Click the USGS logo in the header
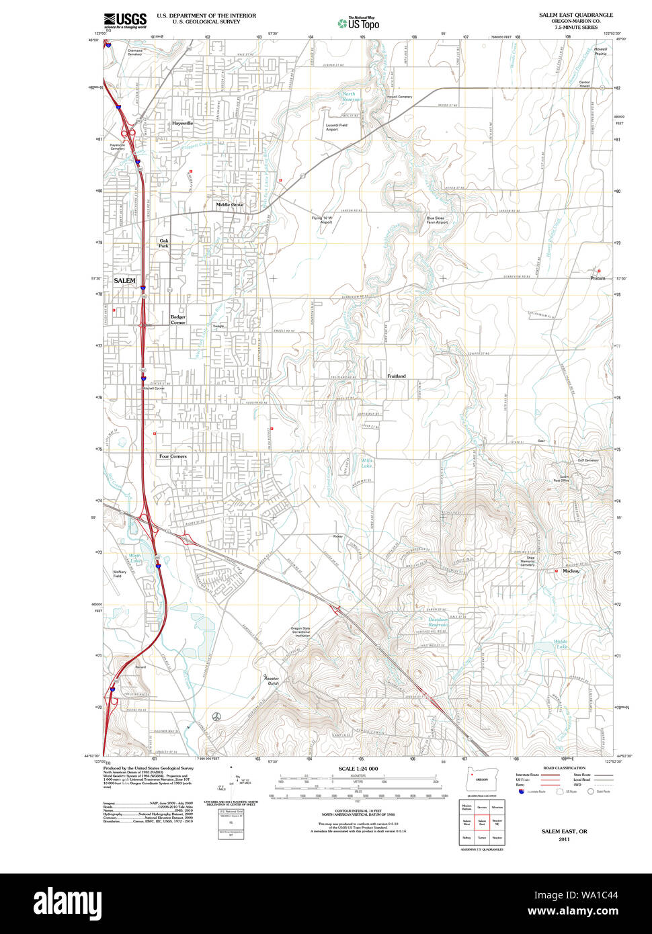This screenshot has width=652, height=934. pos(125,20)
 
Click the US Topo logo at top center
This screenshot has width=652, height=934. pos(358,23)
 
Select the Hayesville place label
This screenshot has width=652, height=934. pos(182,124)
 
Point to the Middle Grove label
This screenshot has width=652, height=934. pos(230,204)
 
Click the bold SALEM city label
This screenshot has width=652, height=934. pos(124,280)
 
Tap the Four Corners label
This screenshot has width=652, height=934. pos(173,456)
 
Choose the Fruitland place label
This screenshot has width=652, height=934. pos(397,376)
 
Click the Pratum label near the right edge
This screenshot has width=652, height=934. pos(598,278)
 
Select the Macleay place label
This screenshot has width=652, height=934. pos(571,571)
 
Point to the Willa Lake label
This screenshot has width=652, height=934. pos(366,463)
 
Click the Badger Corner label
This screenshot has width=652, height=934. pos(178,319)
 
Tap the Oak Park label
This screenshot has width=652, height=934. pos(164,243)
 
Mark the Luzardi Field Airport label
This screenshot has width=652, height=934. pos(336,127)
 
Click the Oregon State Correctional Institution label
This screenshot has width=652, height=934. pos(300,632)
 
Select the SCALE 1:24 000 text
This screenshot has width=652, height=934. pos(358,769)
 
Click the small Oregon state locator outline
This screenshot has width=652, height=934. pos(479,779)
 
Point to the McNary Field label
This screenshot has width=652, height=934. pos(120,574)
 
